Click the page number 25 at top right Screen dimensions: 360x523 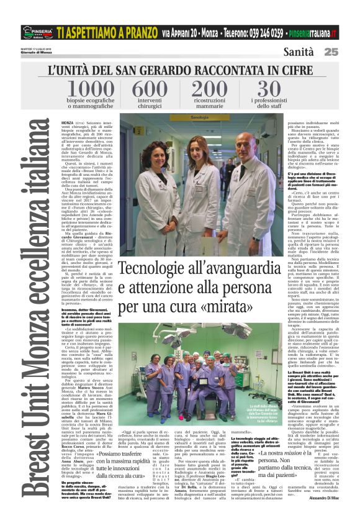[348, 52]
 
